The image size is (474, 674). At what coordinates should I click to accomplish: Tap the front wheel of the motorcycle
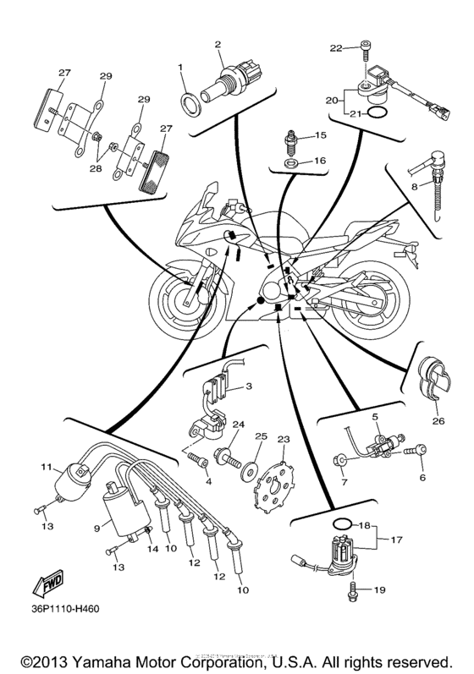tap(183, 299)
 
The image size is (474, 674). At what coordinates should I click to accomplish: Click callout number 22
tap(336, 47)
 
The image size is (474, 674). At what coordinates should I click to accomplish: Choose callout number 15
tap(320, 135)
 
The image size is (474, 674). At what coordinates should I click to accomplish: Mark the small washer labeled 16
tap(291, 161)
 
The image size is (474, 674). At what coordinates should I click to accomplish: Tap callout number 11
tap(47, 466)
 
